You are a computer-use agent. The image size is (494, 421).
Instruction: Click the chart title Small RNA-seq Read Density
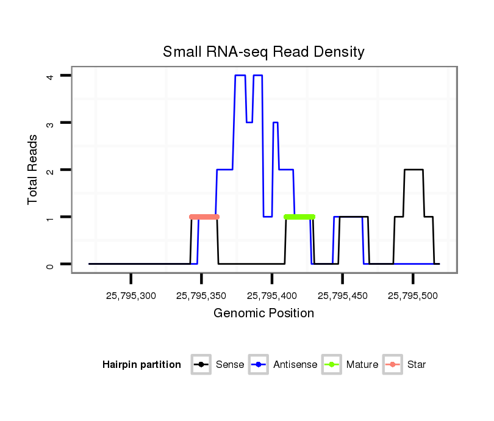tap(263, 52)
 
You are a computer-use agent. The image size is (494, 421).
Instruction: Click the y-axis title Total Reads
tap(33, 169)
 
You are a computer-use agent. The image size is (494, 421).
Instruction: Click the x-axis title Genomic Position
tap(263, 314)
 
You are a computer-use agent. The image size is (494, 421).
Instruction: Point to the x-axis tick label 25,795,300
tap(131, 297)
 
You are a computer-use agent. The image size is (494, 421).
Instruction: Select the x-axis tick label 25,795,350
tap(201, 297)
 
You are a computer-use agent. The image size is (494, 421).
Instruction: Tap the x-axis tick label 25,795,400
tap(272, 297)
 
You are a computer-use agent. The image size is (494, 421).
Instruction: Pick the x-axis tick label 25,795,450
tap(342, 297)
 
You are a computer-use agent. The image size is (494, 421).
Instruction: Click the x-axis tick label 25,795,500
tap(413, 297)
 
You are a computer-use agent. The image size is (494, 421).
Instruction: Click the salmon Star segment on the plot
tap(204, 217)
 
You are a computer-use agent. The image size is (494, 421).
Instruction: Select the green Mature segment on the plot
tap(299, 217)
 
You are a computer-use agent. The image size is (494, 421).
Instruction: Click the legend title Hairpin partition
tap(141, 365)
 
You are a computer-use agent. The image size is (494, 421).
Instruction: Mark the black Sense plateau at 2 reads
tap(413, 170)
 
